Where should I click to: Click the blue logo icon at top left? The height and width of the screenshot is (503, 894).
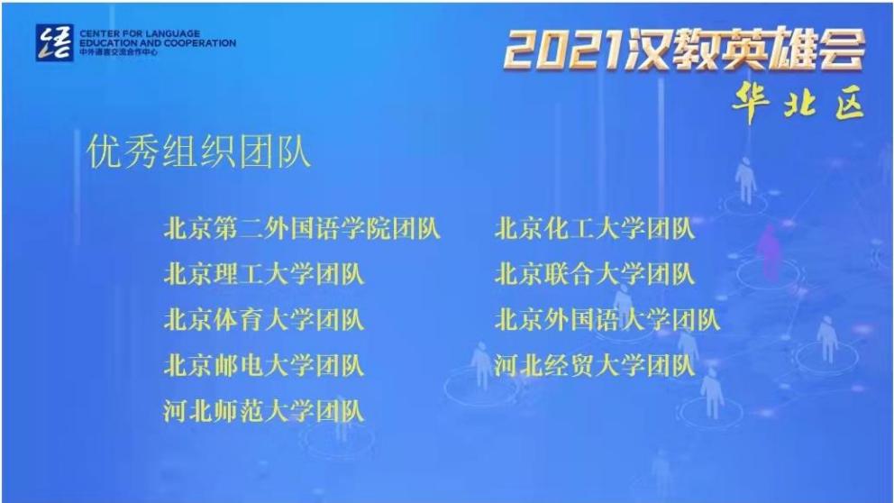55,42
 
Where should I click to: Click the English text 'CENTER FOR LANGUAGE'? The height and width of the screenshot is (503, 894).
140,33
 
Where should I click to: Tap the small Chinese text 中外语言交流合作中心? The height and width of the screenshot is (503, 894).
118,52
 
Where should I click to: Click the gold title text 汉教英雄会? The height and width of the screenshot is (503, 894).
745,49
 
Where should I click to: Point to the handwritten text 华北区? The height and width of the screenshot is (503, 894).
798,103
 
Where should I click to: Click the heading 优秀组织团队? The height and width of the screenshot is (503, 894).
199,151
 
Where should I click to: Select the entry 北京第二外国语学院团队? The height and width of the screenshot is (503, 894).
302,229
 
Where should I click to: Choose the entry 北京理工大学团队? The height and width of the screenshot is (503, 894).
263,274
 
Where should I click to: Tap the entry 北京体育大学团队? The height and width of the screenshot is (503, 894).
263,320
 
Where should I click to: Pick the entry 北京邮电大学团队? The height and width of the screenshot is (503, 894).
263,366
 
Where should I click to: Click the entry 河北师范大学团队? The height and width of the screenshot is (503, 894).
263,411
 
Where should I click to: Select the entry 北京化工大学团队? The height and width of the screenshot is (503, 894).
595,229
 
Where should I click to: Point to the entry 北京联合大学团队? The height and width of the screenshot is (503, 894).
595,274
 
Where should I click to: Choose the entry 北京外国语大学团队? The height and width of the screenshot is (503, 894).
607,320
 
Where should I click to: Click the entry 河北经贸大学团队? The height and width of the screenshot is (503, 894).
595,366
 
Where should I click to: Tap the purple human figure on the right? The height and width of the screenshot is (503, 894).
770,249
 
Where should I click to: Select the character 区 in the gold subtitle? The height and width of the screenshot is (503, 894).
850,105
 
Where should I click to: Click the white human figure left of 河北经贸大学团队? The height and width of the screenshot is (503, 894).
482,365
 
